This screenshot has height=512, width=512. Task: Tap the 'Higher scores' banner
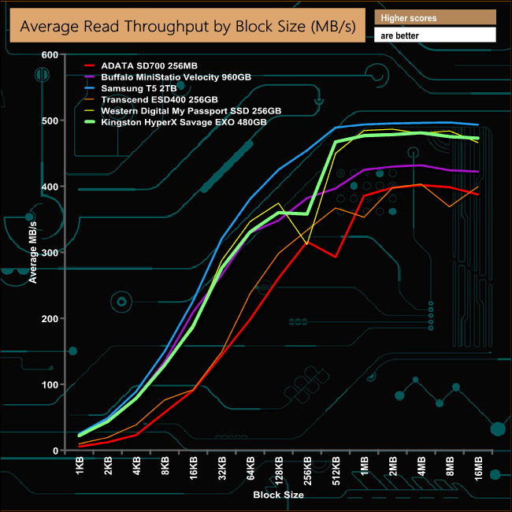(436, 17)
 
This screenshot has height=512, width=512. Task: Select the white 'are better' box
(436, 35)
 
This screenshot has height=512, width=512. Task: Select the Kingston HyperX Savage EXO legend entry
(187, 122)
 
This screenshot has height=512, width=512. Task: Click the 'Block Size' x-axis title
(278, 495)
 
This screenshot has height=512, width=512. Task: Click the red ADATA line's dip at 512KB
(336, 257)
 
